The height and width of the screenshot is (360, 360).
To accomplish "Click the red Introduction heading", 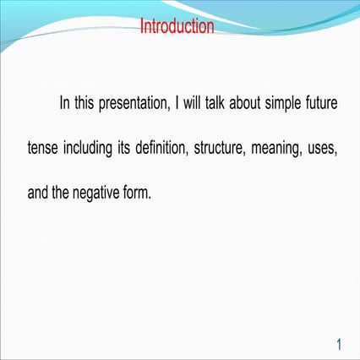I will (x=177, y=26).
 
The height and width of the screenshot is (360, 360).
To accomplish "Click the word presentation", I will (x=134, y=104).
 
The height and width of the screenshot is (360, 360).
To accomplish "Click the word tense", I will (x=43, y=149).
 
